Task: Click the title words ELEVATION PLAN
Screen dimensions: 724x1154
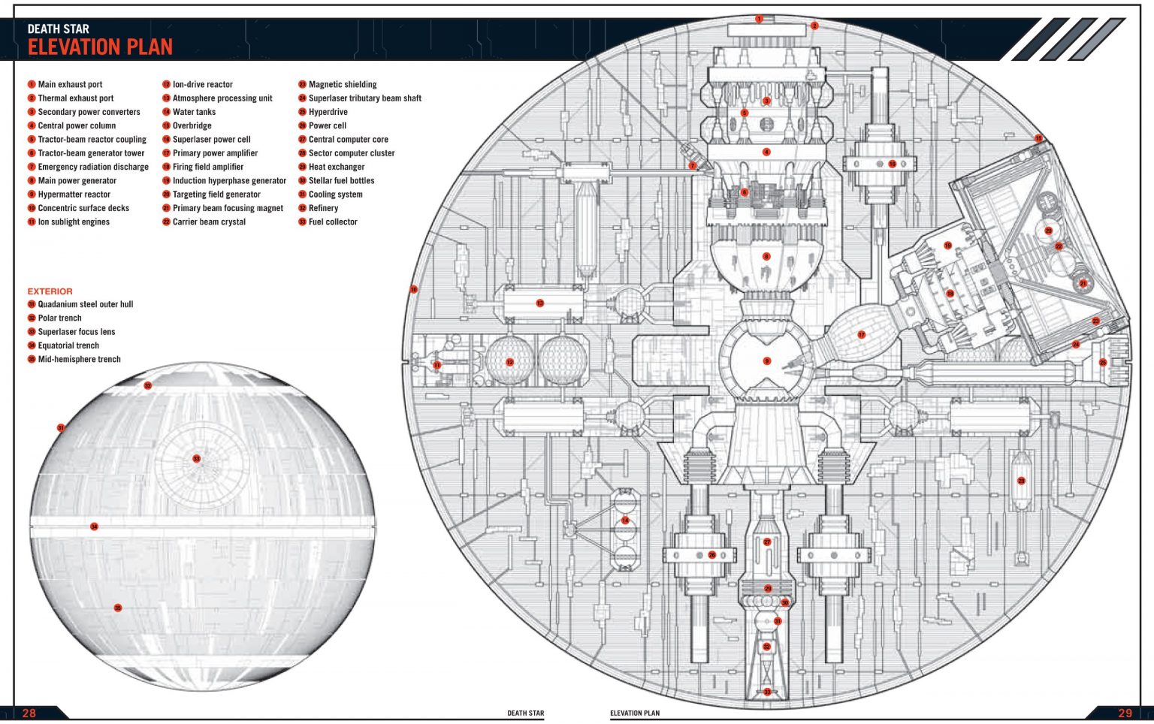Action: (100, 47)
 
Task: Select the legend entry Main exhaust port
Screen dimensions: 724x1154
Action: (70, 85)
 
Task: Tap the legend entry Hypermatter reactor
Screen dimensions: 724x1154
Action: (74, 195)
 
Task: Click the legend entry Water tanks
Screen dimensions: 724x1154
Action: (194, 112)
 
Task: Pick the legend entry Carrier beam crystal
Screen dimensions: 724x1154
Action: (209, 222)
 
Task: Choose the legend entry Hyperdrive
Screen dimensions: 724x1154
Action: (328, 112)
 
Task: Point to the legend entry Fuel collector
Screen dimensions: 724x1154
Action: (333, 222)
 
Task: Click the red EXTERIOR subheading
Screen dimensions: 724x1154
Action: (50, 291)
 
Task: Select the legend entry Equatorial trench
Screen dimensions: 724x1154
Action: (68, 345)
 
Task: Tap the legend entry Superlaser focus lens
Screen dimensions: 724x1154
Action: (77, 332)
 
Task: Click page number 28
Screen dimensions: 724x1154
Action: (29, 713)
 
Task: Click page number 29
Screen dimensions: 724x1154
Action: (1125, 713)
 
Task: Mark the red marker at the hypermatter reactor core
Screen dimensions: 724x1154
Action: (766, 361)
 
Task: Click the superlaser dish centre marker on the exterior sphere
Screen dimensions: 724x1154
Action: (196, 459)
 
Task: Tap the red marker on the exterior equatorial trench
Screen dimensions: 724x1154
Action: (94, 526)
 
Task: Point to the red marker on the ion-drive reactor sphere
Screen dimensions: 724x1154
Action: (509, 363)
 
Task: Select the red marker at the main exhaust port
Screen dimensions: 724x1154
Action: (759, 19)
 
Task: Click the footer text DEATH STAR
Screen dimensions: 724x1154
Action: (525, 713)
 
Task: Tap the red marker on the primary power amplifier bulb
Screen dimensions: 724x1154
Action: (861, 335)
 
